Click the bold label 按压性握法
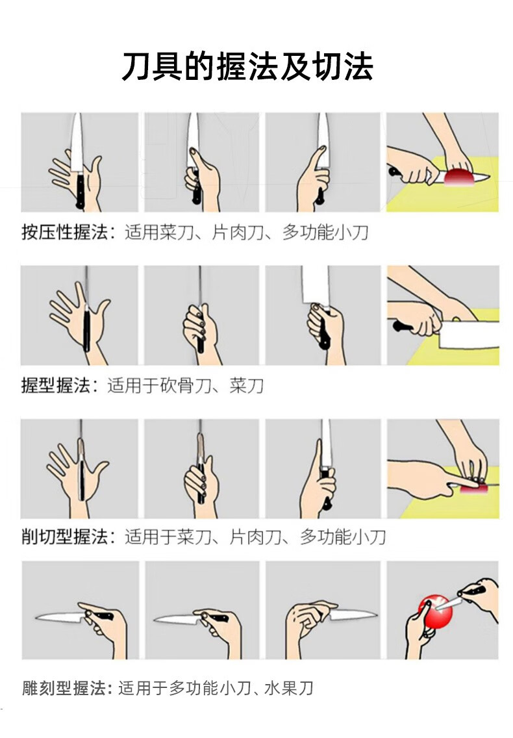point(64,232)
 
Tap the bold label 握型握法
point(56,385)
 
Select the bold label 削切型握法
point(64,537)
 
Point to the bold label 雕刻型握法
point(64,688)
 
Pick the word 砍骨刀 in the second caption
point(185,385)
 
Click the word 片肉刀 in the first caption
point(238,232)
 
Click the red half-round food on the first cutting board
point(459,177)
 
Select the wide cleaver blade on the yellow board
point(469,335)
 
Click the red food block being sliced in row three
point(475,489)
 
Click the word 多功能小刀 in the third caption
point(343,537)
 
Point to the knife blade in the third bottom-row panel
point(353,615)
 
